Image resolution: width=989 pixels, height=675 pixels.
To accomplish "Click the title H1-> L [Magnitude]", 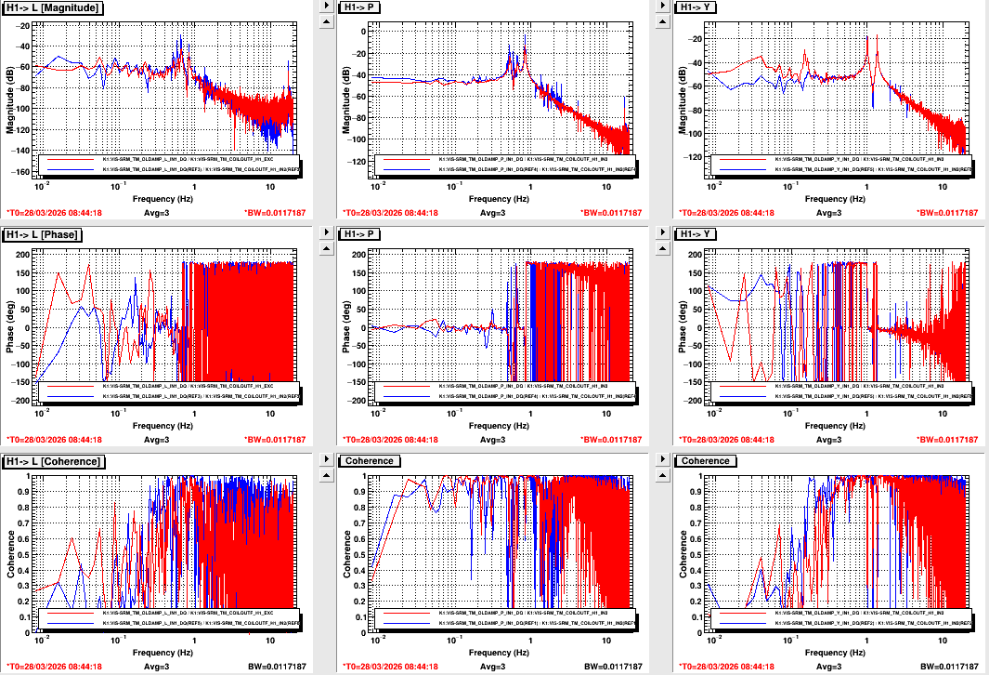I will pyautogui.click(x=53, y=7).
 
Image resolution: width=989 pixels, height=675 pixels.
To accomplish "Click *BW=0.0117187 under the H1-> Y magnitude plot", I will pyautogui.click(x=948, y=213).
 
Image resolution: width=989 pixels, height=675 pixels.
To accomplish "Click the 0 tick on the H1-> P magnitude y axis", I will pyautogui.click(x=365, y=30).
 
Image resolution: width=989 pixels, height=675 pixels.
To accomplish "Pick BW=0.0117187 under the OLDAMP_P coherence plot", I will pyautogui.click(x=613, y=667).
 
